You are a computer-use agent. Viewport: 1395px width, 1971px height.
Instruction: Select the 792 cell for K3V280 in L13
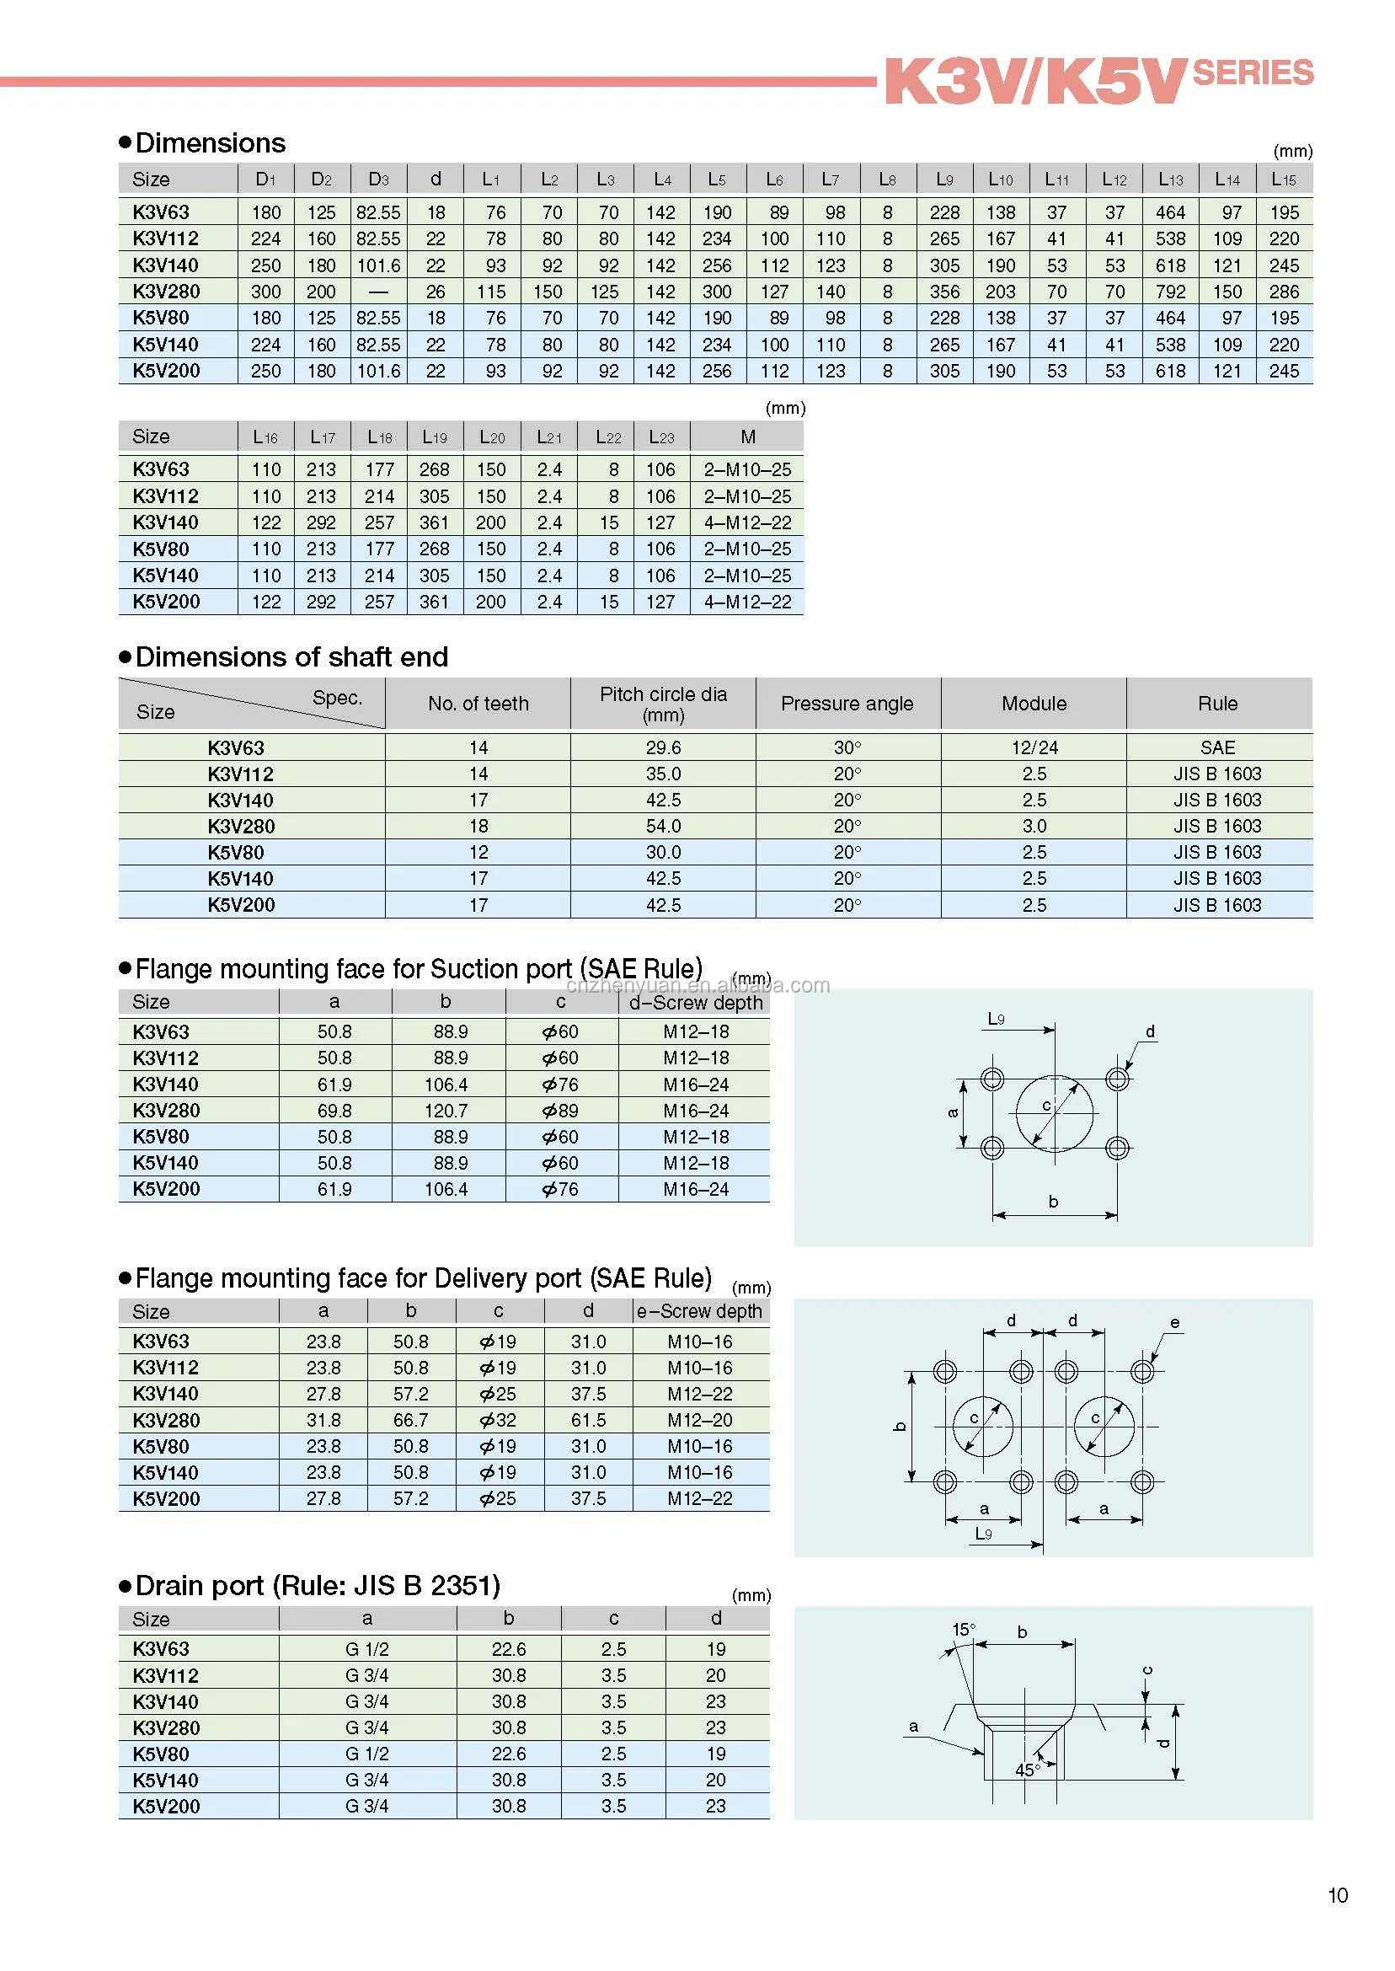point(1170,292)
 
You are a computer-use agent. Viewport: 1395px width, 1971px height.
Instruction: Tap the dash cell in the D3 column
point(378,292)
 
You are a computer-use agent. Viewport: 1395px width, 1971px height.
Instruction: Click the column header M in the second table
point(747,437)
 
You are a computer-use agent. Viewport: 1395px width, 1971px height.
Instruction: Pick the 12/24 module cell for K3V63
point(1034,747)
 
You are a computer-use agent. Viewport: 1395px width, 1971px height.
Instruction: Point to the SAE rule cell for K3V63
point(1217,747)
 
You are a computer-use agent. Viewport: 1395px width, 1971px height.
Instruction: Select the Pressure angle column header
point(847,704)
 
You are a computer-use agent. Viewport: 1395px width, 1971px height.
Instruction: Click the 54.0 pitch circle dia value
point(663,826)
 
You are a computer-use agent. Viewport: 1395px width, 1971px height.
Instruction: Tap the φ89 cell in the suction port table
point(560,1111)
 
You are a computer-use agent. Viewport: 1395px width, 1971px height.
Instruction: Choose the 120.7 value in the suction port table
point(446,1111)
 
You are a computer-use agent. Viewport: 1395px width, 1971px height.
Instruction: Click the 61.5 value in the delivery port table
point(588,1420)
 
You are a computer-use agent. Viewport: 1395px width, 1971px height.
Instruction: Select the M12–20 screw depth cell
point(700,1420)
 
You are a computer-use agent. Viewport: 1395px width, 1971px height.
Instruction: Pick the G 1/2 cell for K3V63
point(366,1650)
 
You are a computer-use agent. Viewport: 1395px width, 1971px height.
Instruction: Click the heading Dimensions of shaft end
point(291,657)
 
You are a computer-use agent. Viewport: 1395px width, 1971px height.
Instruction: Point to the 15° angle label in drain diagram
point(964,1630)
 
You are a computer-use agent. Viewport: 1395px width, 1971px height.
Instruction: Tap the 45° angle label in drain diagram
point(1028,1770)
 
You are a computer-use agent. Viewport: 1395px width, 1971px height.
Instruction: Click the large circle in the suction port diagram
point(1054,1112)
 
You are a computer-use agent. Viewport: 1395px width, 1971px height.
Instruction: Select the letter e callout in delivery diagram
point(1174,1323)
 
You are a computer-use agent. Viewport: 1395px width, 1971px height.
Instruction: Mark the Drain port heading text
point(317,1586)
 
